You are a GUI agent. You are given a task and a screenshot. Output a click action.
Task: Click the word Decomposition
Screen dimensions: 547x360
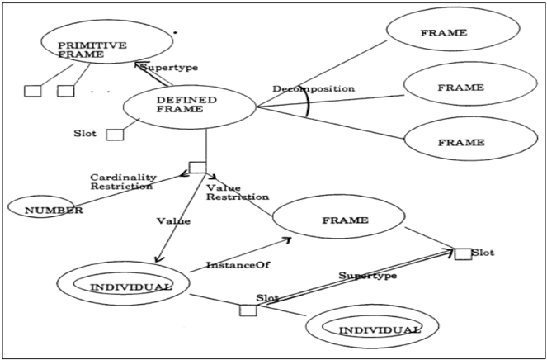(x=314, y=88)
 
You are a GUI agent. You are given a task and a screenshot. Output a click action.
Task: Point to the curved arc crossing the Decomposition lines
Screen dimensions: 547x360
(x=308, y=102)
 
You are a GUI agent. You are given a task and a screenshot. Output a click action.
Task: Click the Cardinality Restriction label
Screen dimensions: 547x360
(x=123, y=182)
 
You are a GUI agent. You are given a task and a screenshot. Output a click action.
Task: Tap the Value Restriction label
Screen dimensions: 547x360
(x=238, y=192)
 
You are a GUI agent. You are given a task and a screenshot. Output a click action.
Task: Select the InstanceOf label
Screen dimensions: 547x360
(x=238, y=265)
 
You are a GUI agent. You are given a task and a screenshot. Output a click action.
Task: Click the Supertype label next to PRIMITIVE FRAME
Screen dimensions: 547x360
(x=169, y=68)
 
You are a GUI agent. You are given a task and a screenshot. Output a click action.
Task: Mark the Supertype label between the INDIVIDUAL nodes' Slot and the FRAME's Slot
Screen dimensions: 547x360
(x=368, y=276)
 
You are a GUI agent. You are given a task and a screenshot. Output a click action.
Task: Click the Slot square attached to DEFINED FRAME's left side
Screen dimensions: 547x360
(x=115, y=135)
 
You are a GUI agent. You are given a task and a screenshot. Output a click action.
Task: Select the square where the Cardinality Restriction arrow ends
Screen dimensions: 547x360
(x=197, y=168)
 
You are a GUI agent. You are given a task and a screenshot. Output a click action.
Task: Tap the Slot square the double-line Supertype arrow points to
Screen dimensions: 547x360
(x=464, y=253)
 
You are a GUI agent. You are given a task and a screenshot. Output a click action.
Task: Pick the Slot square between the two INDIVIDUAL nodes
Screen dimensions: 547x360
(x=248, y=310)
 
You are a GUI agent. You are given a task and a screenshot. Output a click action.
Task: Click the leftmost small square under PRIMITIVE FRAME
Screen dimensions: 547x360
(x=33, y=91)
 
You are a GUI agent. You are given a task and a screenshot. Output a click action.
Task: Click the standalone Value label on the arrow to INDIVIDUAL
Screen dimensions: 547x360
(x=173, y=221)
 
